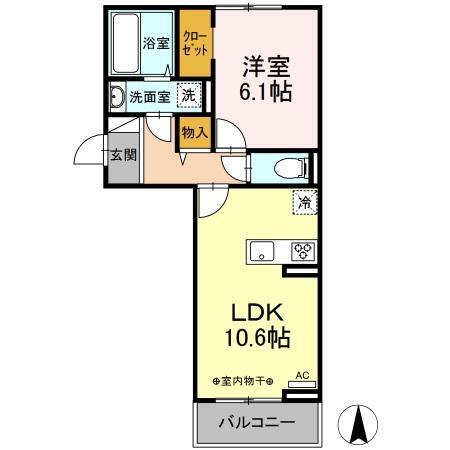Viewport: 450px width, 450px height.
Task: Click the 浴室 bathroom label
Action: pyautogui.click(x=155, y=43)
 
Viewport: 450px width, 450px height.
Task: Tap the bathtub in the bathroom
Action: pyautogui.click(x=126, y=42)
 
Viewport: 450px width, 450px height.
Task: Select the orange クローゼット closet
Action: pyautogui.click(x=195, y=44)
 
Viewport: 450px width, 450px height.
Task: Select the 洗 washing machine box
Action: pyautogui.click(x=187, y=97)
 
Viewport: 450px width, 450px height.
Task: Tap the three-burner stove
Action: pyautogui.click(x=303, y=251)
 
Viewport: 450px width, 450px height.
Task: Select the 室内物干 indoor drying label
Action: pyautogui.click(x=242, y=381)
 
